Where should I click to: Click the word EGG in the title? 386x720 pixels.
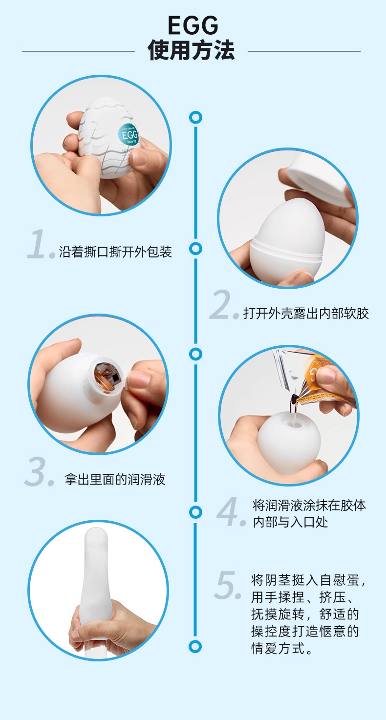click(x=193, y=26)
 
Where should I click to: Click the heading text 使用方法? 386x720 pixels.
click(x=191, y=50)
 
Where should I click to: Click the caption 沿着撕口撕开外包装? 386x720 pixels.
click(x=115, y=252)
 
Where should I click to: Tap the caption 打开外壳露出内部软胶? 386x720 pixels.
click(x=306, y=313)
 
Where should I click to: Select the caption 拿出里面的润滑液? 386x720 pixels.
click(x=115, y=479)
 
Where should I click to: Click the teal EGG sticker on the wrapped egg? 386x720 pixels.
click(x=129, y=135)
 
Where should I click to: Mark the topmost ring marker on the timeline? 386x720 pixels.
click(x=195, y=117)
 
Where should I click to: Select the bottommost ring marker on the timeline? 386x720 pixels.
click(x=195, y=646)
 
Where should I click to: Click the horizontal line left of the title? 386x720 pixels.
click(x=78, y=51)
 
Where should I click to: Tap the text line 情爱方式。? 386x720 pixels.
click(x=282, y=648)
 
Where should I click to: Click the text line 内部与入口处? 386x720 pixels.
click(x=290, y=522)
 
